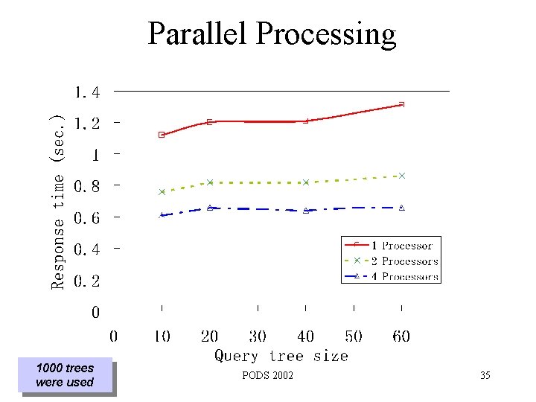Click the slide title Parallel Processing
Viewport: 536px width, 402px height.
click(x=272, y=33)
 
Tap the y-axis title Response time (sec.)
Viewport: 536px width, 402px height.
click(x=57, y=201)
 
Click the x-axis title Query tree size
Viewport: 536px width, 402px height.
click(x=281, y=356)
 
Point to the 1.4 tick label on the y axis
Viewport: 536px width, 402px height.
click(x=86, y=92)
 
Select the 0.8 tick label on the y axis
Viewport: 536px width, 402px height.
click(x=86, y=186)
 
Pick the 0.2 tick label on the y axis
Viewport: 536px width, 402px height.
click(x=86, y=281)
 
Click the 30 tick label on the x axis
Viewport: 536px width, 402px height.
click(x=258, y=336)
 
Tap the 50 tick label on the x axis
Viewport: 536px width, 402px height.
click(x=354, y=336)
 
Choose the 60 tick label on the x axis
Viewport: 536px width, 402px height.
click(x=401, y=336)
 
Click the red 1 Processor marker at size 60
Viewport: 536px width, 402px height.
click(x=402, y=104)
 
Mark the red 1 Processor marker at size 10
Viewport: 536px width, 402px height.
click(x=162, y=135)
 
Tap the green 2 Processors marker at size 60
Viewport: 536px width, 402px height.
click(x=402, y=176)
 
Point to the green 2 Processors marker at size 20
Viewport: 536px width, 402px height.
click(x=210, y=182)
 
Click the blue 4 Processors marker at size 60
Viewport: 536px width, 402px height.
click(x=402, y=208)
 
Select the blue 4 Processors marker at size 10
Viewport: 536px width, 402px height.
click(x=162, y=215)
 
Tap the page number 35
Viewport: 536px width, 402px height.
click(x=485, y=376)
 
